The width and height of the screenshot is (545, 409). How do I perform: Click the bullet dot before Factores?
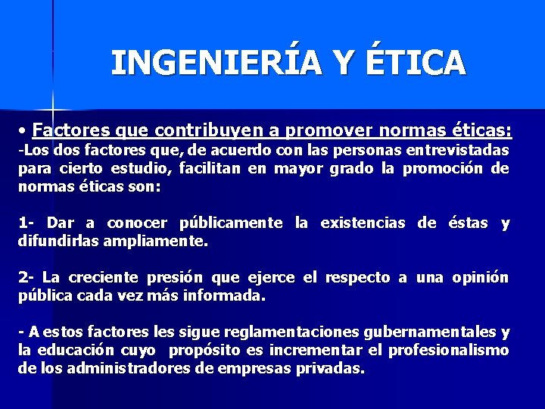[x=25, y=124]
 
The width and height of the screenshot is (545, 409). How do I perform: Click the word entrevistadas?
[x=459, y=150]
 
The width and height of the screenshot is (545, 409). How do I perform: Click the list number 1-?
[x=27, y=223]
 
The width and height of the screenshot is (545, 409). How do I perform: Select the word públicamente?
[x=230, y=223]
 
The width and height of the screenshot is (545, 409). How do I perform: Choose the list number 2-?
[x=27, y=278]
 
